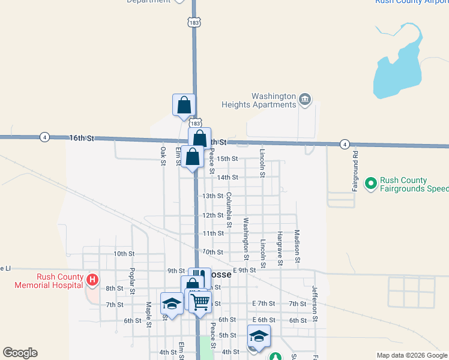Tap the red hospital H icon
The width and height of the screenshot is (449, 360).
tap(92, 280)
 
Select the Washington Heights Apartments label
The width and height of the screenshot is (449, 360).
tap(274, 100)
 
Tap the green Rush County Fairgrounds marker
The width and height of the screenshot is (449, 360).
tap(370, 182)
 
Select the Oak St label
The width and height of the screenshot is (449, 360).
tap(163, 154)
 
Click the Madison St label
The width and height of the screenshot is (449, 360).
tap(297, 246)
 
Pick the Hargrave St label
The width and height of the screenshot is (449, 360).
tap(280, 248)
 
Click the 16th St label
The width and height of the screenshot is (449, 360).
tap(82, 138)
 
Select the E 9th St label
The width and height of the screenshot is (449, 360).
tap(244, 270)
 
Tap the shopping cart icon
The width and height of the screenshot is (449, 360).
tap(199, 301)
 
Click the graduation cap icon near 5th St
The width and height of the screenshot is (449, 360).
tap(259, 336)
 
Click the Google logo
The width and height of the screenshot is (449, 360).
tap(20, 353)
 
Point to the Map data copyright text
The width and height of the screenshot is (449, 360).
tap(411, 355)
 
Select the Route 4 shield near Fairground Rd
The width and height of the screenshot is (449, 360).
tap(345, 144)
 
